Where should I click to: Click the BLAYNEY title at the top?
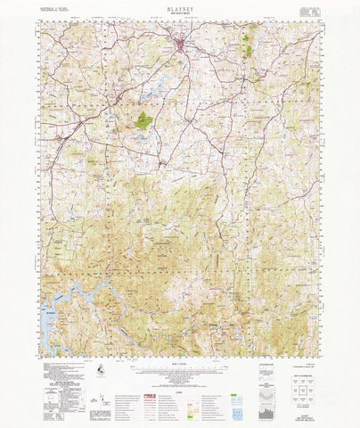pyautogui.click(x=180, y=8)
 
